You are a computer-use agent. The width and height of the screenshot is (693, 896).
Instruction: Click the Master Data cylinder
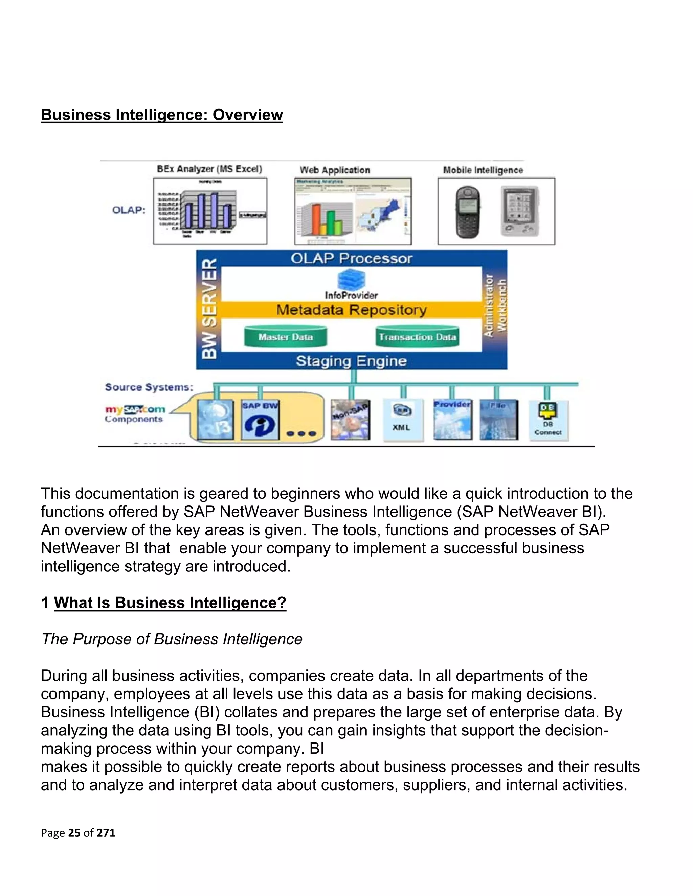(285, 337)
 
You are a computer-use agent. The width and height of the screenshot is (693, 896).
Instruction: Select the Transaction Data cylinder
(417, 337)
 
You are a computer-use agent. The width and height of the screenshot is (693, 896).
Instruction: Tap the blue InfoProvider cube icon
(352, 280)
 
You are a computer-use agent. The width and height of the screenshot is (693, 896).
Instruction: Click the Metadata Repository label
(352, 310)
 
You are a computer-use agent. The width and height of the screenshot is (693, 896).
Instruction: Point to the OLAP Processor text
(352, 258)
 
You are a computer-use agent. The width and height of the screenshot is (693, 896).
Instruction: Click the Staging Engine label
(352, 361)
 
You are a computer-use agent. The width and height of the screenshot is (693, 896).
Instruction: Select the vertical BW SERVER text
(209, 309)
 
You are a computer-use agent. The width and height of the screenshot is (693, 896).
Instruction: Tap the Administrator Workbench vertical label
(495, 306)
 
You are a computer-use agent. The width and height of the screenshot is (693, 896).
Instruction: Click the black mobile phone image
(468, 212)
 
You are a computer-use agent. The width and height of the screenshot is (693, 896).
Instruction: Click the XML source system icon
(402, 419)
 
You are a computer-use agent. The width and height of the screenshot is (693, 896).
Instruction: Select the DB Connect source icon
(548, 419)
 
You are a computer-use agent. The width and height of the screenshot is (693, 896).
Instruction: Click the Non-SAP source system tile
(350, 420)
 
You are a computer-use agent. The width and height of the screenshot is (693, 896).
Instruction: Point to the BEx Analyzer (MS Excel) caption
(209, 169)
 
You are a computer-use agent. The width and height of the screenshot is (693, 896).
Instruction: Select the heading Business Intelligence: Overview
(162, 115)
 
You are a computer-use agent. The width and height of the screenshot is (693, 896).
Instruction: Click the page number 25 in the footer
(74, 833)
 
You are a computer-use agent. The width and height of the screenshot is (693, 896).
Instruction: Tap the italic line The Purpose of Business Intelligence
(172, 639)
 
